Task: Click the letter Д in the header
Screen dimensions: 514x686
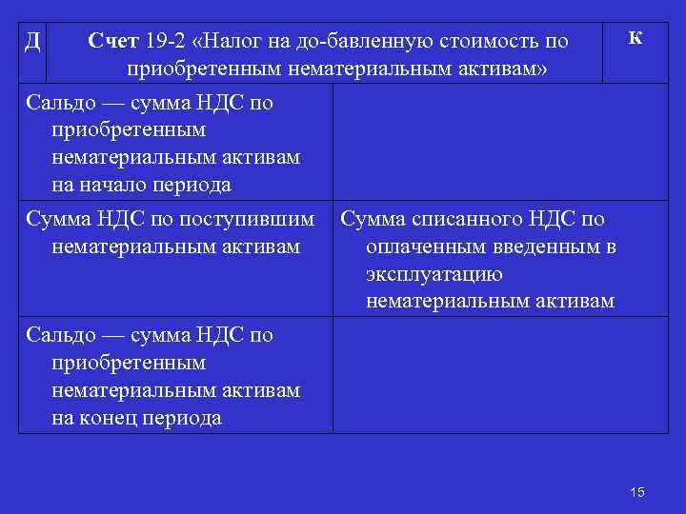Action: pos(31,40)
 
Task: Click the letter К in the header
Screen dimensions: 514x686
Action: pos(636,37)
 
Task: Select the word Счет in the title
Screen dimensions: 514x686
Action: pos(114,42)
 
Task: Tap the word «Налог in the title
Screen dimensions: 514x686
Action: pos(232,42)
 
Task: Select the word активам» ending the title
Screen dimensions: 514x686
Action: pos(496,69)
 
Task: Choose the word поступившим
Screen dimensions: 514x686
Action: pos(257,220)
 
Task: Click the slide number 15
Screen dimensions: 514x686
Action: pos(637,491)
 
